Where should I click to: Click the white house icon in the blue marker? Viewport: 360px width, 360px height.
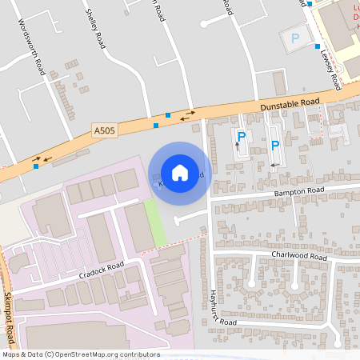pyautogui.click(x=180, y=172)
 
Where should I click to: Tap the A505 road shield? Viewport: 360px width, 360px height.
pyautogui.click(x=105, y=131)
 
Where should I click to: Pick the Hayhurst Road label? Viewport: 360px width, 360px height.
pyautogui.click(x=218, y=307)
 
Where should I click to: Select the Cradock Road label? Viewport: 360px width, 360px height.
pyautogui.click(x=102, y=270)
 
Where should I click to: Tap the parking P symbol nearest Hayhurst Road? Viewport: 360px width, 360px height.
pyautogui.click(x=241, y=137)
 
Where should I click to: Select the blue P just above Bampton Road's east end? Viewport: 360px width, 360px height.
pyautogui.click(x=275, y=145)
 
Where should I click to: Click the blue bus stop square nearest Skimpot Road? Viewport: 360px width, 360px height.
pyautogui.click(x=35, y=166)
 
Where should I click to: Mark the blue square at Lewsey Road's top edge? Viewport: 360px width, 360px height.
pyautogui.click(x=310, y=4)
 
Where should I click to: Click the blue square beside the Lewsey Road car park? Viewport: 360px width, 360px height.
pyautogui.click(x=317, y=46)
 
